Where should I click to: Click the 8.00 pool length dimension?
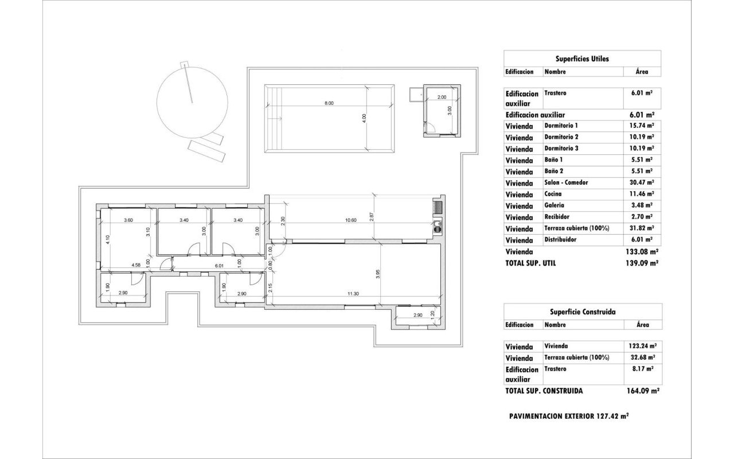[x=329, y=103]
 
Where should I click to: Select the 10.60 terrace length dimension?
[x=351, y=220]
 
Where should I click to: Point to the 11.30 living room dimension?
[x=353, y=293]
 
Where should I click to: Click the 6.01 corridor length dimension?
[x=218, y=266]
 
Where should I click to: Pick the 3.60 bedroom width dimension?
[x=128, y=220]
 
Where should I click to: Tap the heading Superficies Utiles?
[x=582, y=59]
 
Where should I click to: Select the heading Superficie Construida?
[x=582, y=312]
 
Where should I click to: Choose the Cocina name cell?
[x=553, y=194]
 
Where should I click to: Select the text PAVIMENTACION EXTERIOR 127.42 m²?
[x=569, y=416]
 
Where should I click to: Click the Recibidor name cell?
[x=557, y=217]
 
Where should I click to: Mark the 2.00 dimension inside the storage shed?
[x=442, y=98]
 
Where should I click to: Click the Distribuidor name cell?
[x=560, y=240]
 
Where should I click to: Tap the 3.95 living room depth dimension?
[x=378, y=274]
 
